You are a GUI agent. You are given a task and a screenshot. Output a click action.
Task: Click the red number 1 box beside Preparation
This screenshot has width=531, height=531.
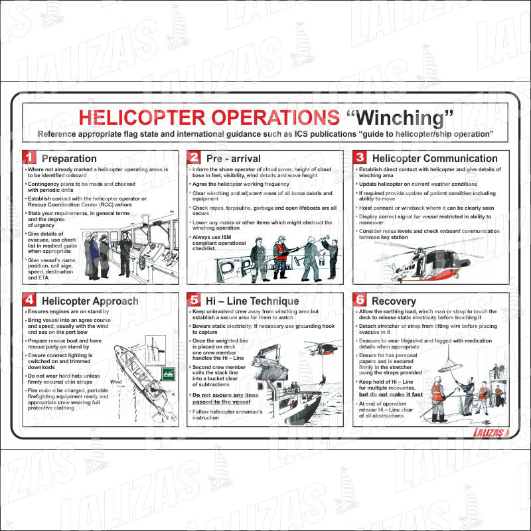[29, 158]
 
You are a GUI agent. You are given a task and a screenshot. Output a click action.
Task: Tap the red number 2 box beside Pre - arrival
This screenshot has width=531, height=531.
[194, 158]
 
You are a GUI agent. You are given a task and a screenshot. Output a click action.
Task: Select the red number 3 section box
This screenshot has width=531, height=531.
[360, 158]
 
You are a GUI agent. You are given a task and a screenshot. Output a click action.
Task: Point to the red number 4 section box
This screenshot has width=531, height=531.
[29, 300]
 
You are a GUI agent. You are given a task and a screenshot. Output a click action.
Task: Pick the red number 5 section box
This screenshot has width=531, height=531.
[194, 300]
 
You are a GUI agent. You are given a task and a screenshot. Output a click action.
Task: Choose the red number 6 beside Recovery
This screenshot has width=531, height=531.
[360, 300]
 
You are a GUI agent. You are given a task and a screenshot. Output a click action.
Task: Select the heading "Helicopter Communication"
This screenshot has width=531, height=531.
[435, 159]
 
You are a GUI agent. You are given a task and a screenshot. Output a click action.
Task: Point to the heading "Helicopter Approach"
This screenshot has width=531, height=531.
[90, 301]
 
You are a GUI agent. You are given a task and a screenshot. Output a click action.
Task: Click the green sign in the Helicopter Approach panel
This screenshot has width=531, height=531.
[167, 372]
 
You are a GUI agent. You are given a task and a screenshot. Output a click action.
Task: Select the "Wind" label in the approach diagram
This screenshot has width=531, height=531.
[116, 382]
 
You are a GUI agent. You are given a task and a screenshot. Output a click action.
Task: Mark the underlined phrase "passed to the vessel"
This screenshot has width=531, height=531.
[221, 402]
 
